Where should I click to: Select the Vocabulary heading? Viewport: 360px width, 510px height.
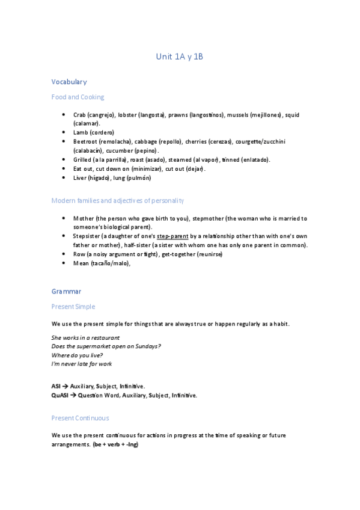point(69,82)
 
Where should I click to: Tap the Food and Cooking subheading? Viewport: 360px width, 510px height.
point(78,97)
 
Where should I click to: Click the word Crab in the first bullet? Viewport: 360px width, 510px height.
point(79,114)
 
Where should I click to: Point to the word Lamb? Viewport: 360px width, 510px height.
point(81,132)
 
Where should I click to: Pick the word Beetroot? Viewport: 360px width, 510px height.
point(86,141)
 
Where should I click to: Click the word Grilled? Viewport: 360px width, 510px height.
point(84,159)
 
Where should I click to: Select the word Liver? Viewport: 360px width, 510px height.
point(81,178)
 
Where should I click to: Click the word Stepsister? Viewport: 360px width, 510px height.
point(88,236)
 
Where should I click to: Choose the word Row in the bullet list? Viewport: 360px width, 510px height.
point(79,254)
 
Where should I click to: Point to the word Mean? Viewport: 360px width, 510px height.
point(81,263)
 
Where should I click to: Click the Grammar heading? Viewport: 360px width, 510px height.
point(66,292)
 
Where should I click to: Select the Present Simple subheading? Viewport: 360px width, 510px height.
point(73,307)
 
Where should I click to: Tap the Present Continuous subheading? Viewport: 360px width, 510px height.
point(81,418)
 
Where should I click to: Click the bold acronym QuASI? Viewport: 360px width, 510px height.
point(60,396)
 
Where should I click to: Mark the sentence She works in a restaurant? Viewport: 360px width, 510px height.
point(85,338)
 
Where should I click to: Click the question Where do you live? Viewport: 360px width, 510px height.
point(78,355)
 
